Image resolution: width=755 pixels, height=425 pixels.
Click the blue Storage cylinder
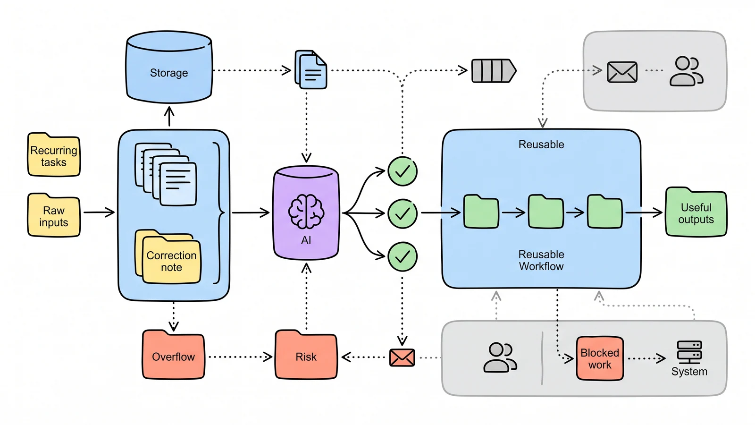[x=169, y=67]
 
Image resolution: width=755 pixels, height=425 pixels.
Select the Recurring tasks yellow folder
[x=54, y=155]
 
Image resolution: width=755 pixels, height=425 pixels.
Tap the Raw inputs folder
[x=54, y=215]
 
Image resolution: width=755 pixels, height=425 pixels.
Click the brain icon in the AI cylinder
[x=306, y=212]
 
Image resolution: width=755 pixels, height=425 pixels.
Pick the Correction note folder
[x=168, y=256]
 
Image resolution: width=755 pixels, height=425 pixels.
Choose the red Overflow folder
[x=173, y=355]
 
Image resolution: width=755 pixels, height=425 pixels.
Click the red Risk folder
[x=306, y=355]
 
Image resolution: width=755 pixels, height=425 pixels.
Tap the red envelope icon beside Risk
[x=402, y=357]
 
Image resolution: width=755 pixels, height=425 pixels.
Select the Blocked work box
[x=600, y=358]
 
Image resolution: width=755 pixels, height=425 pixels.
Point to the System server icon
[x=689, y=352]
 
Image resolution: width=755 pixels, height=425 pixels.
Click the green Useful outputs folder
[x=696, y=212]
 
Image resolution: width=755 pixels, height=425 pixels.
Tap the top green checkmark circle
[x=403, y=171]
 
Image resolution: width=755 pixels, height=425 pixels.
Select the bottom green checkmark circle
[x=403, y=257]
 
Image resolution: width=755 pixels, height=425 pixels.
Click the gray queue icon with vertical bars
[x=494, y=71]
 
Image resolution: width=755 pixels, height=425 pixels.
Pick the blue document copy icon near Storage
[x=311, y=69]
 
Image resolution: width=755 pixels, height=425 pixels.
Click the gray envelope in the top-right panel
[x=622, y=72]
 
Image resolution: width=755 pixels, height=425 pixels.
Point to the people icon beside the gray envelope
[x=686, y=71]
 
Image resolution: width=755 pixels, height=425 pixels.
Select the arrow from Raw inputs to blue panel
[x=99, y=212]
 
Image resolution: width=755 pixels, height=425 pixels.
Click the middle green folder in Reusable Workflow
[x=545, y=212]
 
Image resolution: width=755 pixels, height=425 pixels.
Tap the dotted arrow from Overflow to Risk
[x=240, y=357]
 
